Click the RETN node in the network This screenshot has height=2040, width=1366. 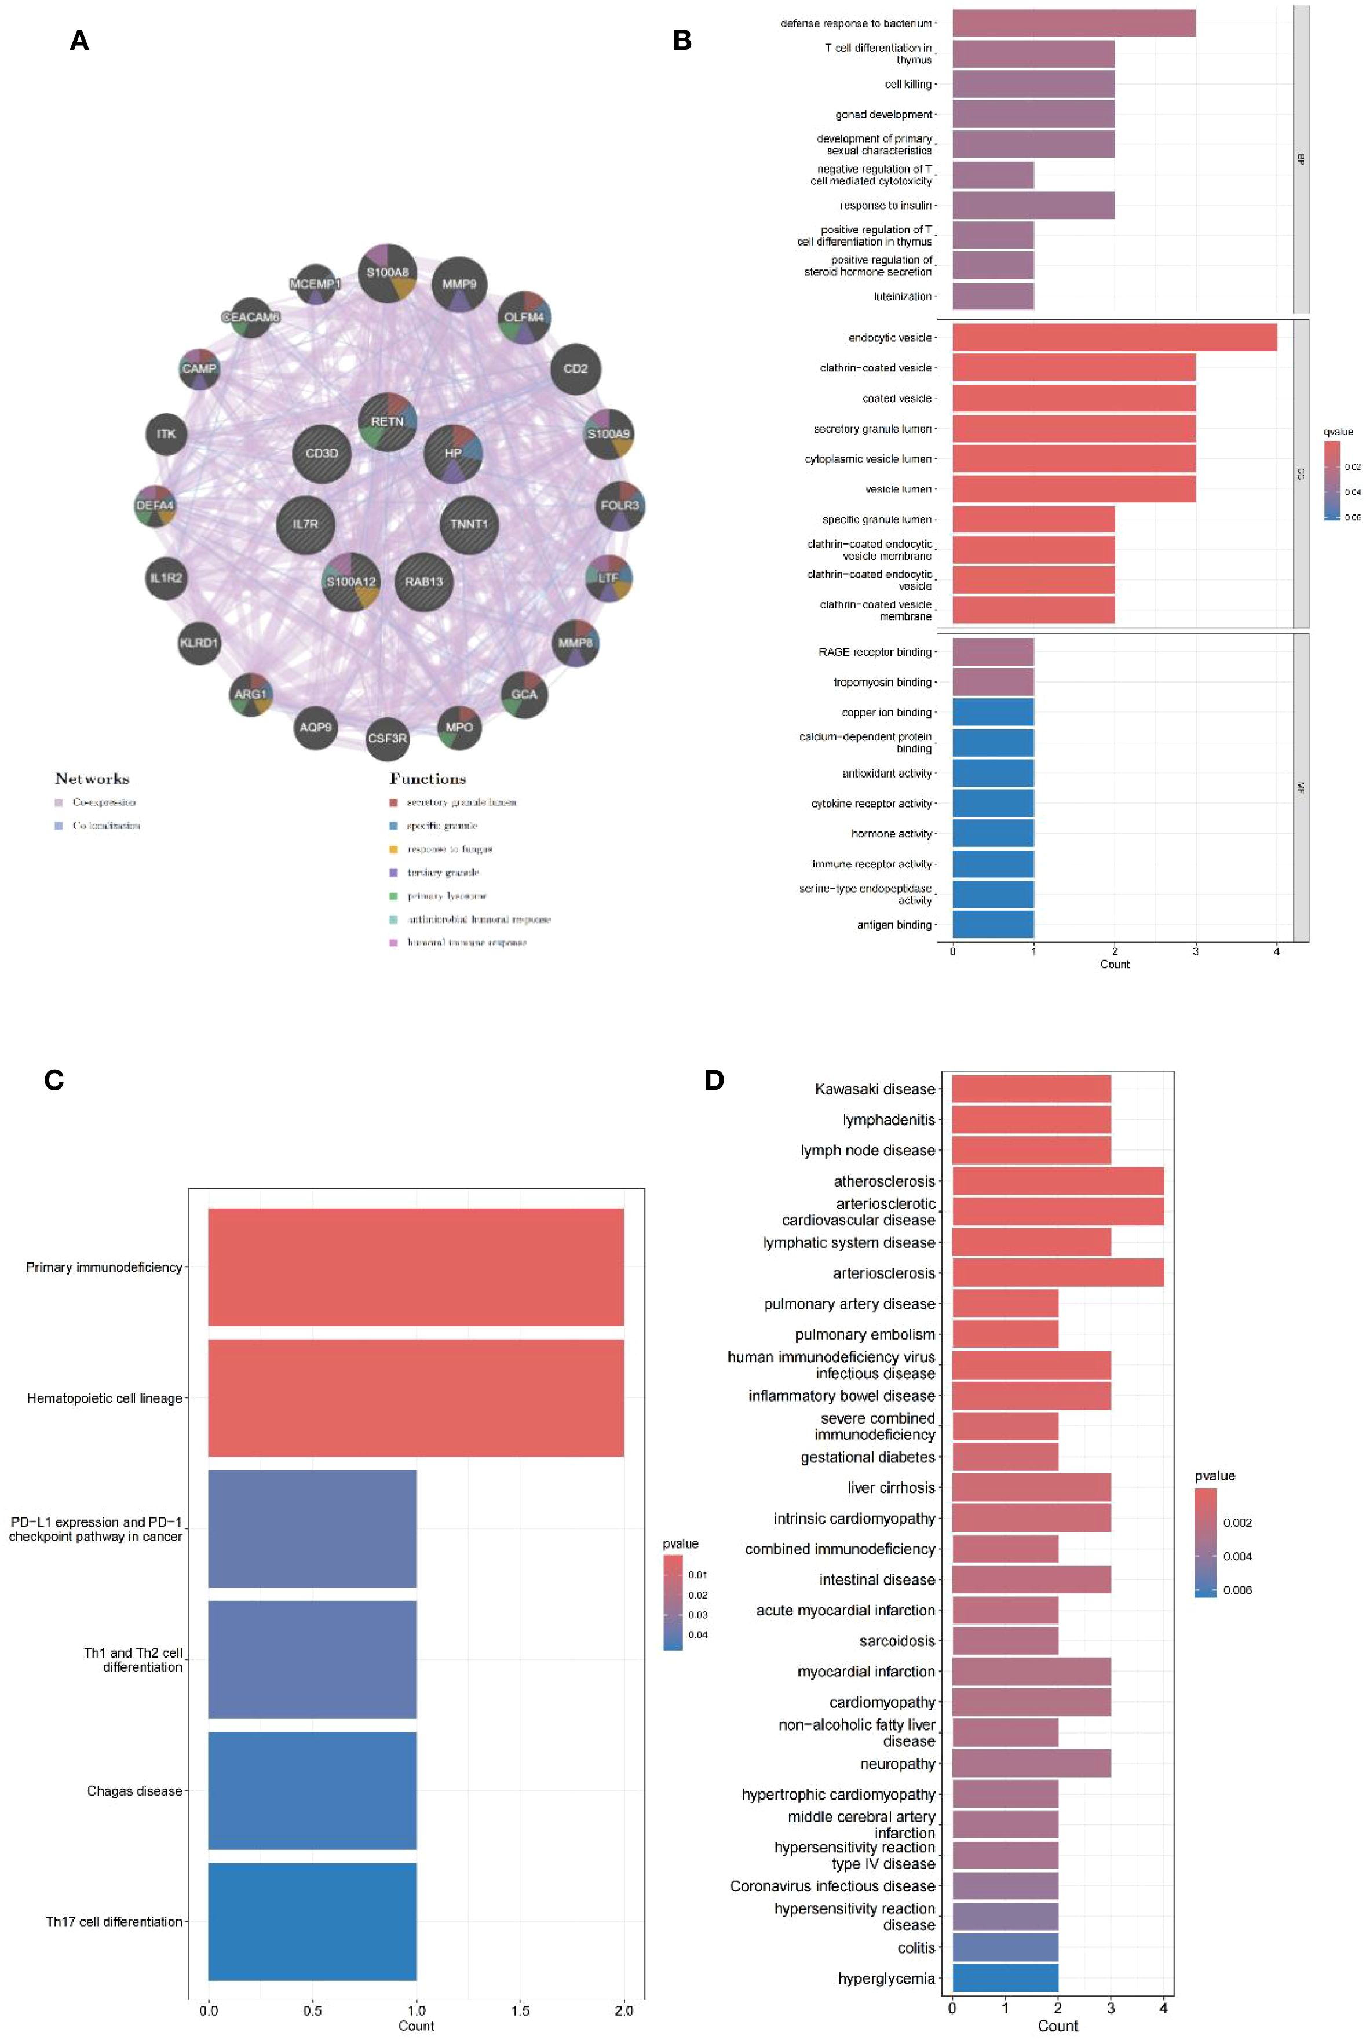point(388,422)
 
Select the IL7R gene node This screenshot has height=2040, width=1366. point(305,524)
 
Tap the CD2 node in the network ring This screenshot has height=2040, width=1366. point(575,368)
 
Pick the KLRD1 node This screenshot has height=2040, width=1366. point(199,643)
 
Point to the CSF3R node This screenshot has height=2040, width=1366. point(388,738)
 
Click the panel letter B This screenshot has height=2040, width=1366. point(682,40)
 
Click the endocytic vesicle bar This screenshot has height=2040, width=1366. point(1114,338)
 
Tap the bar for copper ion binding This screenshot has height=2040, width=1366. point(993,713)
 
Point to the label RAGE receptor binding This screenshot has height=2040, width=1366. point(875,652)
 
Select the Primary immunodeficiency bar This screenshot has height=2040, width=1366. point(415,1267)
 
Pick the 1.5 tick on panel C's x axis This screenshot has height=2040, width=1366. point(520,2010)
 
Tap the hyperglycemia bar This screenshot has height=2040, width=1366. point(1005,1978)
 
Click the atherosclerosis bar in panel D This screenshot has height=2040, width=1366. point(1058,1181)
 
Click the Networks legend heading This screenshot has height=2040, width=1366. point(92,779)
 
